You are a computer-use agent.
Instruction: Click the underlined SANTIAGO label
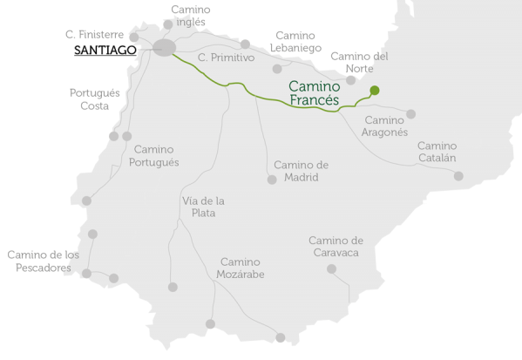[x=105, y=51]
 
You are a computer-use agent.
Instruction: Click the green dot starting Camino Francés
[x=375, y=90]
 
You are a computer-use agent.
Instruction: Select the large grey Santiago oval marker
[x=165, y=48]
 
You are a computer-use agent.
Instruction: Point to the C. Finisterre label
[x=101, y=34]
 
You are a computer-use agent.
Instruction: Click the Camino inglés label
[x=190, y=17]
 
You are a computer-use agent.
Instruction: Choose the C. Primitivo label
[x=226, y=58]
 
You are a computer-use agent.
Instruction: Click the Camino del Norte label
[x=359, y=63]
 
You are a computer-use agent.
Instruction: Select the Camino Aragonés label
[x=385, y=126]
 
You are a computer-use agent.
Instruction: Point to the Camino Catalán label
[x=437, y=152]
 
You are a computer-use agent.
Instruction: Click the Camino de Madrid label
[x=301, y=171]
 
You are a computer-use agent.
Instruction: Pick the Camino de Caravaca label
[x=336, y=246]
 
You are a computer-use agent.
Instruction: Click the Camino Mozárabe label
[x=240, y=268]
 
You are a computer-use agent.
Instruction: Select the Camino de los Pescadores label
[x=44, y=262]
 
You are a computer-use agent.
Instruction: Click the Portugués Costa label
[x=90, y=98]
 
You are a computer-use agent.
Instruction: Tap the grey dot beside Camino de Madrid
[x=272, y=180]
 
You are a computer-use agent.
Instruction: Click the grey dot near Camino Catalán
[x=458, y=176]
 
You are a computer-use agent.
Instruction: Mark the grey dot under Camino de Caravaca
[x=331, y=268]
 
